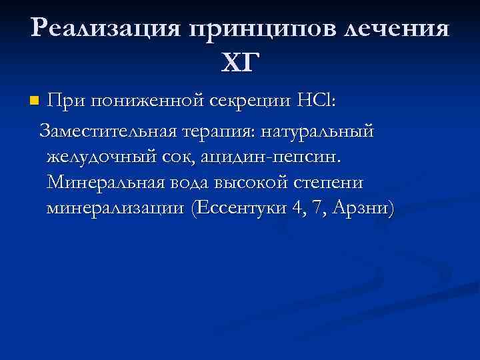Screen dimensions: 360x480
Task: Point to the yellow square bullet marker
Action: pos(34,102)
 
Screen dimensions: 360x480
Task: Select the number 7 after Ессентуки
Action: pos(316,208)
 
